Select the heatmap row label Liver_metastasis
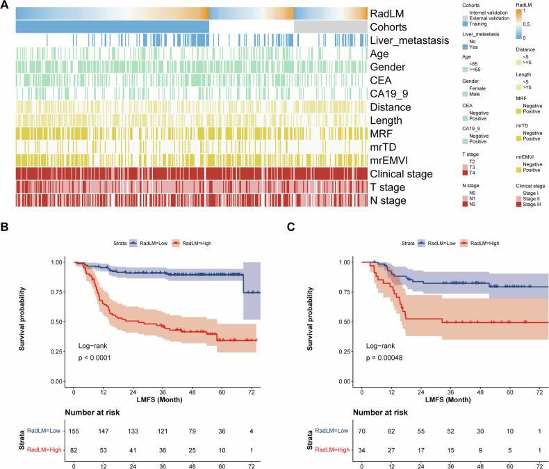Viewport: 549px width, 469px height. tap(409, 40)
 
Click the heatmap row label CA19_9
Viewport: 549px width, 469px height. tap(391, 94)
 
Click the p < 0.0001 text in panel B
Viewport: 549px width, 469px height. tap(97, 358)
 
